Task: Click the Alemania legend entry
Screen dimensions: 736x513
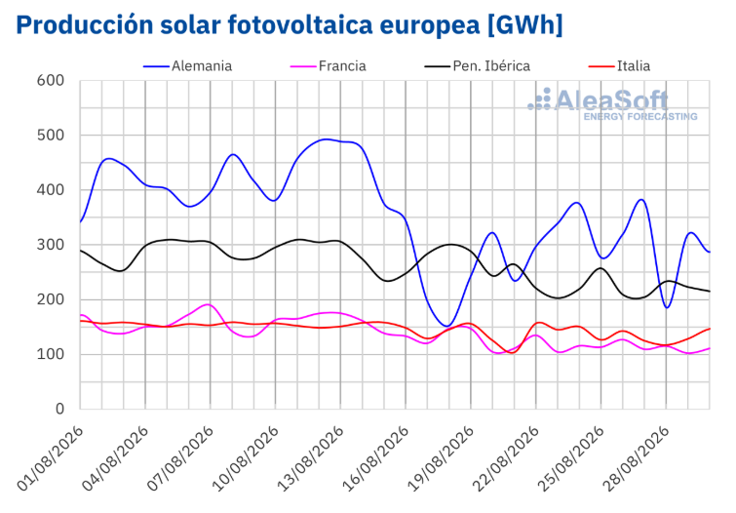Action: [187, 66]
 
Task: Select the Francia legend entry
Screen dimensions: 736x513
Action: [329, 66]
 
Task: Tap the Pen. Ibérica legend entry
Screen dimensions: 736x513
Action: [477, 66]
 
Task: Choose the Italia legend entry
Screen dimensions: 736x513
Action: [619, 66]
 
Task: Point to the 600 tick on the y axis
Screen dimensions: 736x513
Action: [51, 80]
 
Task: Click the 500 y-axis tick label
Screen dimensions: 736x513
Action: [51, 136]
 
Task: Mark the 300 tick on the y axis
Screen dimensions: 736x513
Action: [51, 245]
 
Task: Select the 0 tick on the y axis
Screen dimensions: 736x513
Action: [59, 409]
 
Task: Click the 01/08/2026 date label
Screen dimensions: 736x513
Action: [51, 458]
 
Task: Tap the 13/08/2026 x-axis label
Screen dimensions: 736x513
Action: [311, 458]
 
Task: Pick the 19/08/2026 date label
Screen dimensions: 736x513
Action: [441, 458]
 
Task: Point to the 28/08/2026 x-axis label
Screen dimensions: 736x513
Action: [636, 458]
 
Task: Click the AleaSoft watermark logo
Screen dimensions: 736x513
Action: [612, 104]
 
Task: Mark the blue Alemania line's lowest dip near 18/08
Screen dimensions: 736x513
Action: [447, 326]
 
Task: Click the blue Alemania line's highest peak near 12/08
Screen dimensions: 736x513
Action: [327, 139]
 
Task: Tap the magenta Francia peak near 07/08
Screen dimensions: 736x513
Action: [208, 304]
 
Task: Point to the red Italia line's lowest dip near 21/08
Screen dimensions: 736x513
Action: [512, 352]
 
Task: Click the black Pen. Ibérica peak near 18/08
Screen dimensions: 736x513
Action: [450, 244]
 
